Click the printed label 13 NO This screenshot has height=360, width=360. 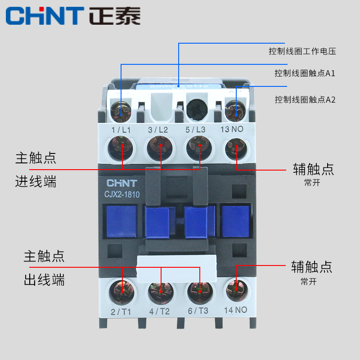tap(234, 130)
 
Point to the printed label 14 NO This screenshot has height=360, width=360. tap(235, 310)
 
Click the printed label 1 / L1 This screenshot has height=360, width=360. tap(121, 130)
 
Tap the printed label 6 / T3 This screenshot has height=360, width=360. tap(198, 310)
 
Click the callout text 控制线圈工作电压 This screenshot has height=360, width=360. tap(302, 51)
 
